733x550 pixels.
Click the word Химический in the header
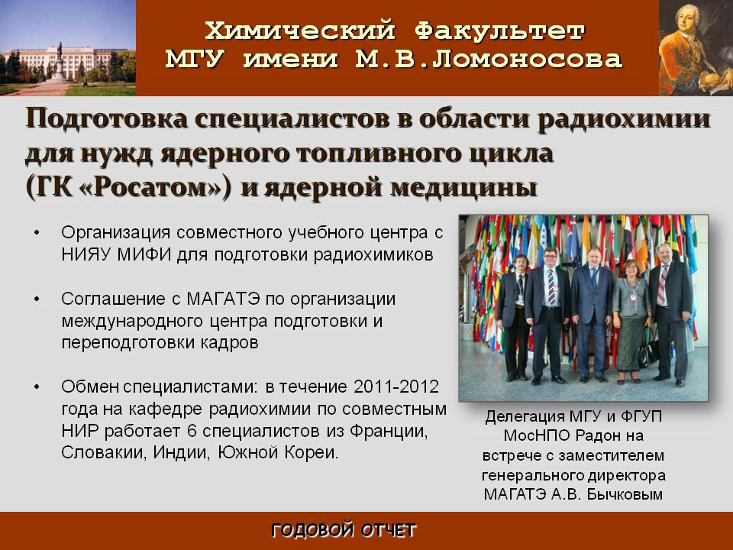click(300, 31)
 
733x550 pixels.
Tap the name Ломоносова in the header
click(527, 59)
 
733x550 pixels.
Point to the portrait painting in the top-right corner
click(696, 47)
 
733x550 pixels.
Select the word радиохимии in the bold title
click(624, 119)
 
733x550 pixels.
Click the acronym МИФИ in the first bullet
click(144, 254)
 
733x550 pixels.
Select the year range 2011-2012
click(396, 387)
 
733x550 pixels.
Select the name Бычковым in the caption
click(625, 494)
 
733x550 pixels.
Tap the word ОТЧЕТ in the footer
click(388, 530)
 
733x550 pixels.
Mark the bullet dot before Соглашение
click(37, 299)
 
